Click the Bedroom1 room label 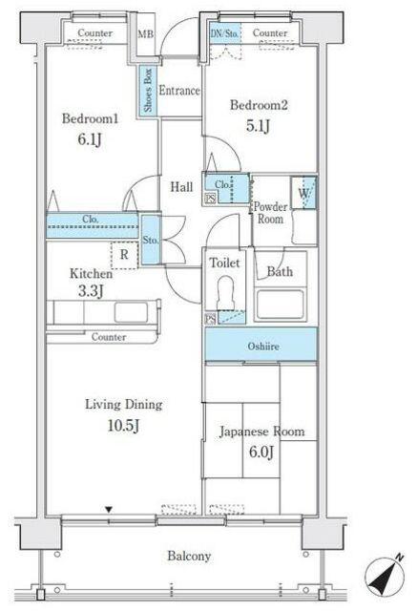pyautogui.click(x=90, y=118)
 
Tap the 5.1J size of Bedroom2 pyautogui.click(x=259, y=126)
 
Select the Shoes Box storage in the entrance pyautogui.click(x=148, y=91)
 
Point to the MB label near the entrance pyautogui.click(x=146, y=34)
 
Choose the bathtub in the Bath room pyautogui.click(x=280, y=305)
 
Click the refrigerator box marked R pyautogui.click(x=124, y=255)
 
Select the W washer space pyautogui.click(x=303, y=193)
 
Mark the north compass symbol pyautogui.click(x=385, y=577)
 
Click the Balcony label pyautogui.click(x=189, y=556)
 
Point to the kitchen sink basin pyautogui.click(x=131, y=312)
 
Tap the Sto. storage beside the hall pyautogui.click(x=150, y=240)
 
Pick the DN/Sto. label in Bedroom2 pyautogui.click(x=224, y=33)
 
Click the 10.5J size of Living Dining pyautogui.click(x=123, y=425)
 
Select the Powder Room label pyautogui.click(x=271, y=213)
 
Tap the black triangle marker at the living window pyautogui.click(x=109, y=509)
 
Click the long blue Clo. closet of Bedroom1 pyautogui.click(x=93, y=225)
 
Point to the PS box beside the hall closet pyautogui.click(x=210, y=199)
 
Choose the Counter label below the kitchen pyautogui.click(x=109, y=337)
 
